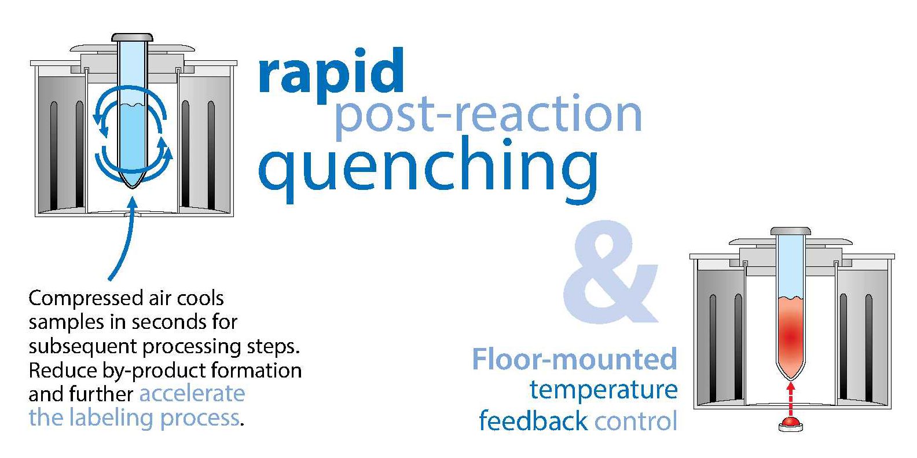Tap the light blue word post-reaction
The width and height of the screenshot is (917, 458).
(488, 115)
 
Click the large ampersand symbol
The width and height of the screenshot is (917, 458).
(610, 272)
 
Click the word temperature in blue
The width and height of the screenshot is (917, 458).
(603, 390)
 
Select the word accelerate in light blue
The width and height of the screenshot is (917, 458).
(192, 394)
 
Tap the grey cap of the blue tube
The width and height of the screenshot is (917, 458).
(132, 37)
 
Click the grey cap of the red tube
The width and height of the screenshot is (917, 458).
(790, 231)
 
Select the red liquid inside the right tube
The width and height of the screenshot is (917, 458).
(790, 336)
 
